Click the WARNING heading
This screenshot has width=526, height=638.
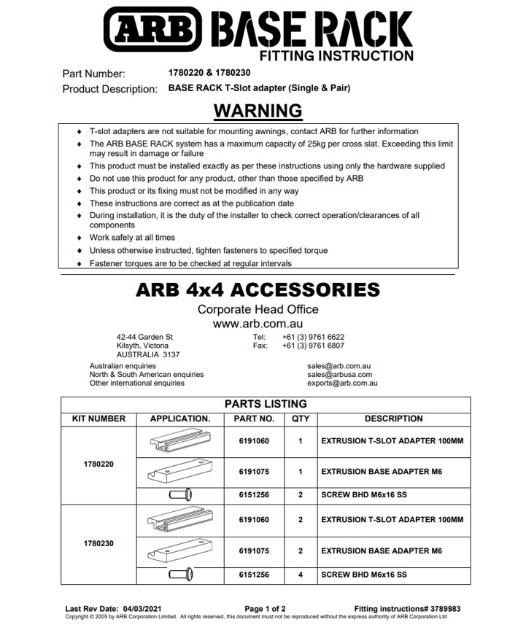pyautogui.click(x=258, y=110)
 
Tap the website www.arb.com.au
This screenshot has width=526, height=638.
pyautogui.click(x=258, y=323)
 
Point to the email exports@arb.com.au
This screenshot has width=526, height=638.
pyautogui.click(x=342, y=383)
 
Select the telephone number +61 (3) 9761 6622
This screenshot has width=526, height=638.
pyautogui.click(x=313, y=337)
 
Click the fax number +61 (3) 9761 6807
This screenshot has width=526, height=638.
pyautogui.click(x=313, y=346)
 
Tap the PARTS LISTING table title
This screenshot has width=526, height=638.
pyautogui.click(x=265, y=404)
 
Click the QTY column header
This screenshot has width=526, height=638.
pyautogui.click(x=300, y=419)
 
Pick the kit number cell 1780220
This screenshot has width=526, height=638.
pyautogui.click(x=99, y=464)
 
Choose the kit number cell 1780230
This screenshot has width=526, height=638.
pyautogui.click(x=99, y=543)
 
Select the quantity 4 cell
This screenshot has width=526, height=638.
pyautogui.click(x=300, y=575)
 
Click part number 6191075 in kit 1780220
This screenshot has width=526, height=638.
pyautogui.click(x=254, y=471)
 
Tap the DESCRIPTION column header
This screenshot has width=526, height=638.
pyautogui.click(x=393, y=419)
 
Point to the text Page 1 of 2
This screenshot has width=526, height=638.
pyautogui.click(x=265, y=608)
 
